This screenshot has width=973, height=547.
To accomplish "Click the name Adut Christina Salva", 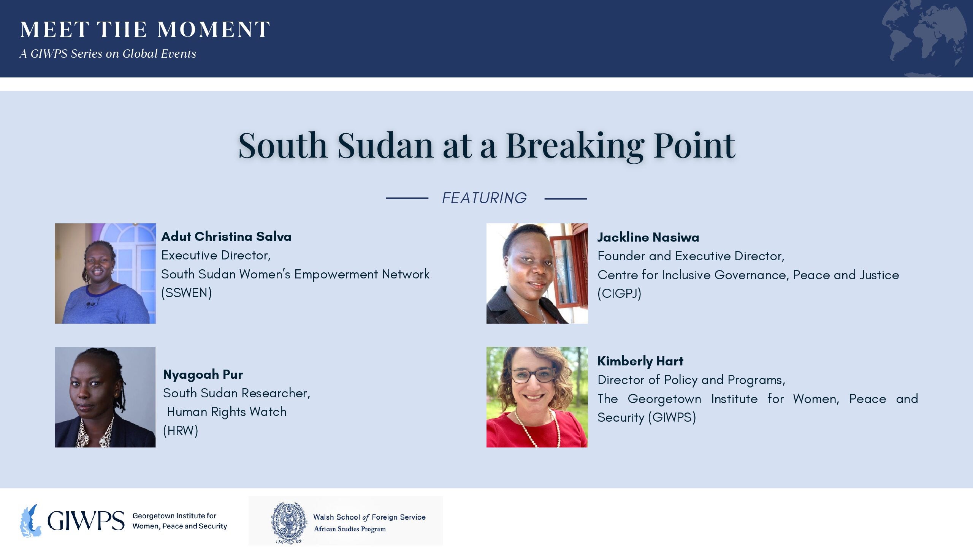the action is (x=226, y=237).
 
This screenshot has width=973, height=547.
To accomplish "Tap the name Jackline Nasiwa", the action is (x=648, y=237).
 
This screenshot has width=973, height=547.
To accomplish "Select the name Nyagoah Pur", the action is (x=203, y=375).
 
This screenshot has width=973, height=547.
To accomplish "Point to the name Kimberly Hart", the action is (x=640, y=361).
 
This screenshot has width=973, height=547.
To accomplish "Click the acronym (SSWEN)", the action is (x=187, y=293).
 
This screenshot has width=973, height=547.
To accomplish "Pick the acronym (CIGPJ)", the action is (x=620, y=294).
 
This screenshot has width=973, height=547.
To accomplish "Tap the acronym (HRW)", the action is (x=181, y=431).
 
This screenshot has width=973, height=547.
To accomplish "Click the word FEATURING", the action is (x=485, y=198).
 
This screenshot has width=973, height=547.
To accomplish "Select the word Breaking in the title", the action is (x=575, y=146).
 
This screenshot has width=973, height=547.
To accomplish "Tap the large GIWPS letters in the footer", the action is (x=86, y=521).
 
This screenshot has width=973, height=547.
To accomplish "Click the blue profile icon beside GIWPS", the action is (x=30, y=520).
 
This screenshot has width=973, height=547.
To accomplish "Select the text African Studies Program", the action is (x=350, y=529).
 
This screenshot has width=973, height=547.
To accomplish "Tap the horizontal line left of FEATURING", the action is (x=407, y=198).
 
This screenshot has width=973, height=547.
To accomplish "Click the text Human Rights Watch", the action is (x=227, y=412).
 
